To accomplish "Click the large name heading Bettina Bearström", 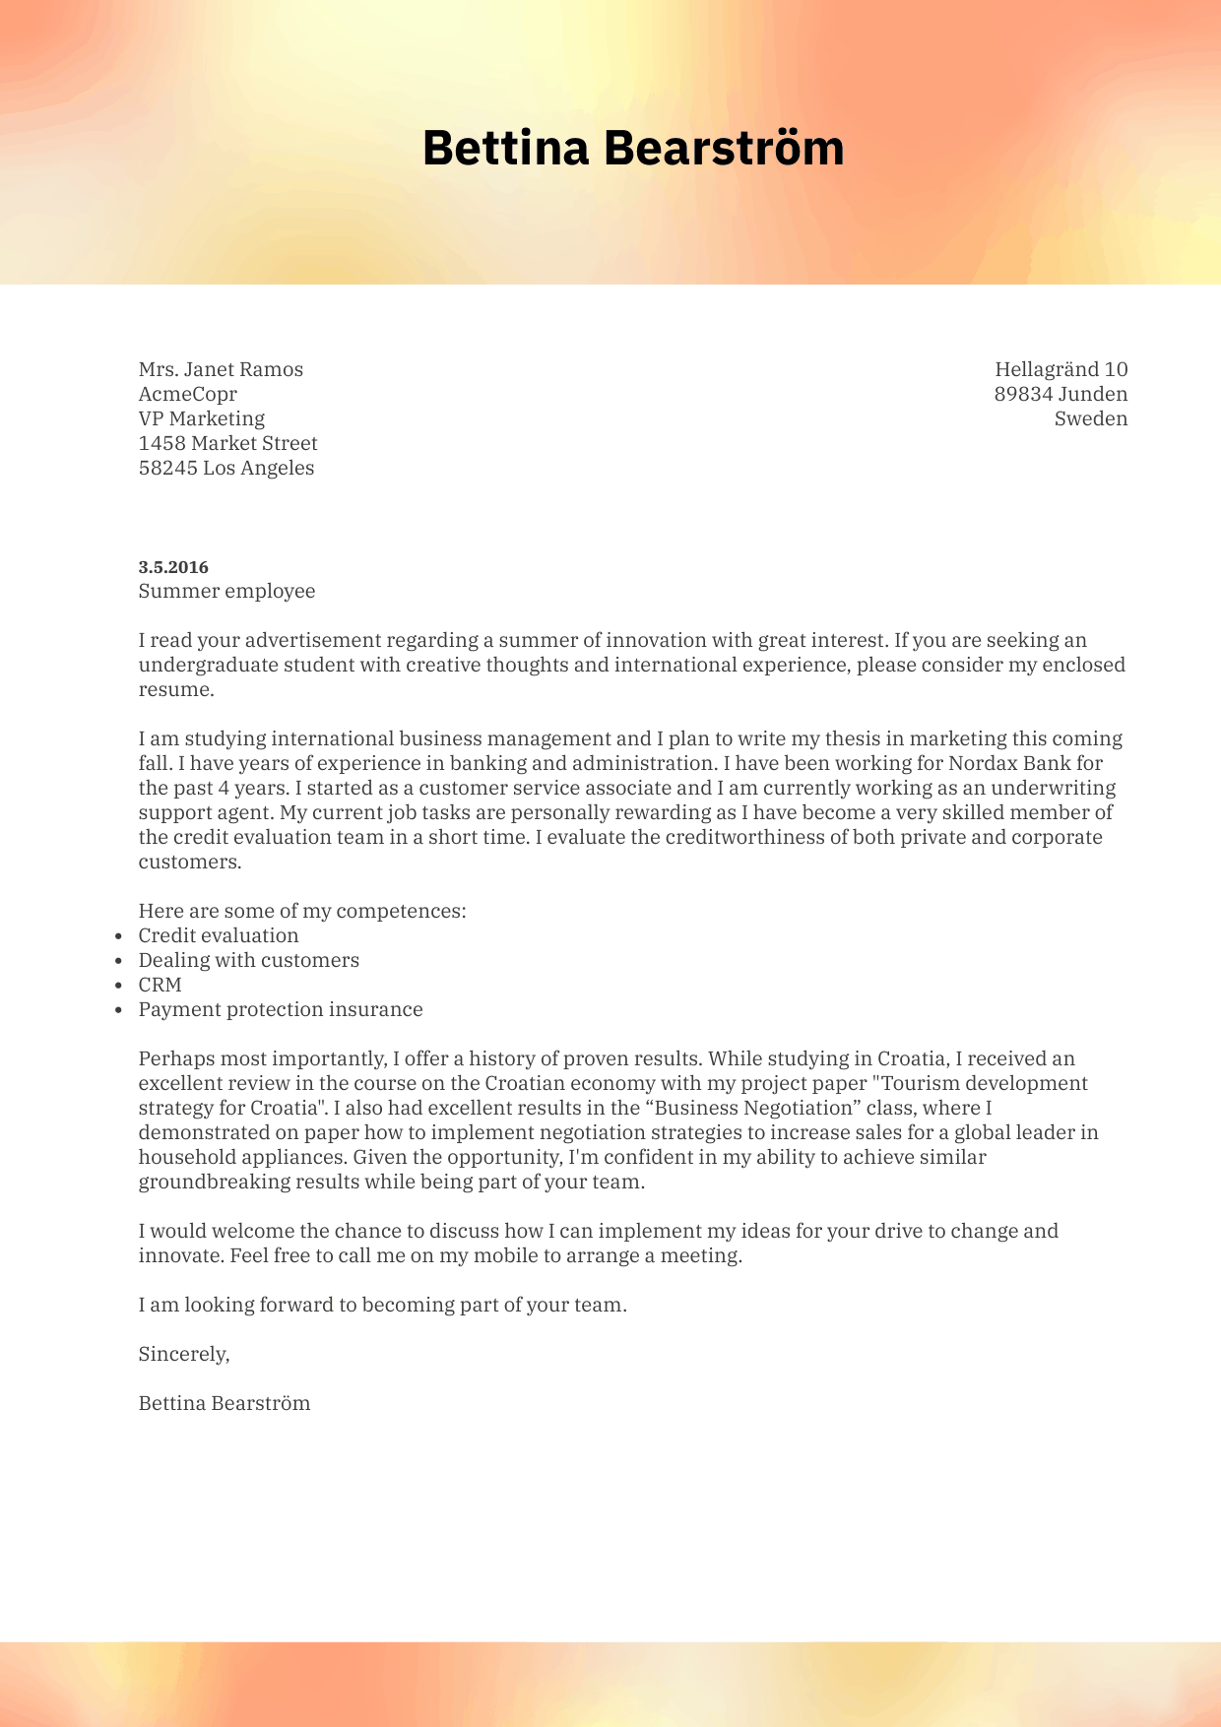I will [x=633, y=148].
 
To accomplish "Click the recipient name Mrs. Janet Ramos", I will [x=221, y=369].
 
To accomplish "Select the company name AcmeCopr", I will [x=187, y=394].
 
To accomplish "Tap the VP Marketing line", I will [x=201, y=418].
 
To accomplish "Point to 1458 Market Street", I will [x=227, y=443].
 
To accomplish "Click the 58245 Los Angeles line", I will [x=225, y=468].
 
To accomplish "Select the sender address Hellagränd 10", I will [x=1060, y=369].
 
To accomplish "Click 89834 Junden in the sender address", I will [x=1060, y=394].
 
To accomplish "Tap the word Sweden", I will [x=1090, y=418].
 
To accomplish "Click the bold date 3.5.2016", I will [x=173, y=567].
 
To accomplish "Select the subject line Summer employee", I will [x=226, y=591].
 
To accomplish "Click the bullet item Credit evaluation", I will [x=218, y=935].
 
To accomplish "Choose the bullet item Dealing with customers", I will [x=248, y=960].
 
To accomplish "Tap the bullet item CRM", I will [x=160, y=985].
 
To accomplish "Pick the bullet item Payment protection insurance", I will [x=280, y=1009].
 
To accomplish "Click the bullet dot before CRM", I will [x=118, y=986].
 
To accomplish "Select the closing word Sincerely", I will [x=183, y=1354].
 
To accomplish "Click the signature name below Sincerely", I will [x=224, y=1403].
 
